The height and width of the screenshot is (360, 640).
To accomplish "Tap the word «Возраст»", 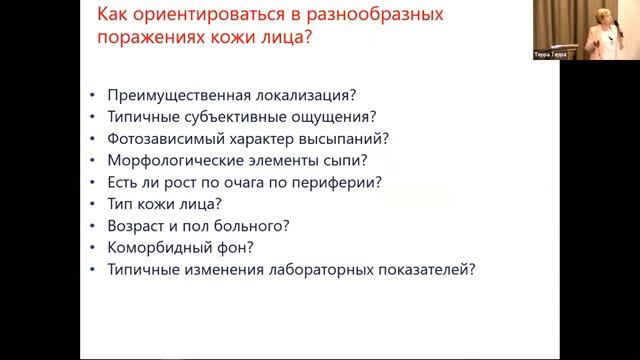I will click(134, 225).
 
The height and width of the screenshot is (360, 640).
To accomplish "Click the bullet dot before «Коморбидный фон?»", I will click(92, 247).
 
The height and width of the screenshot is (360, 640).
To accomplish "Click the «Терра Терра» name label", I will click(550, 55).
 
